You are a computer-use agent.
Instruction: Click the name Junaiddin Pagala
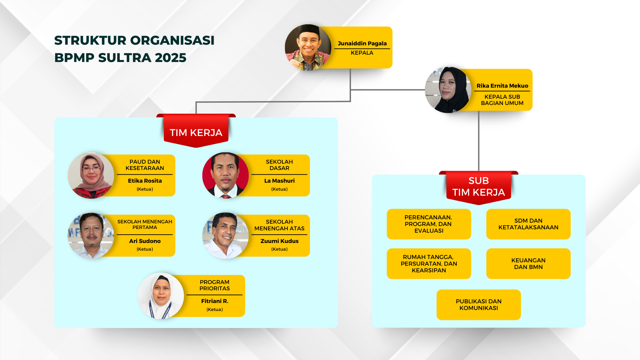pos(362,43)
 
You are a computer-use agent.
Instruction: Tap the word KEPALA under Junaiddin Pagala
pos(362,53)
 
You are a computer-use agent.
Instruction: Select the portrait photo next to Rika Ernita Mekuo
pos(448,90)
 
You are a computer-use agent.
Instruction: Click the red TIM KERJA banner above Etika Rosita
pos(196,131)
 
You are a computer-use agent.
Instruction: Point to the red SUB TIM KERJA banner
pos(479,188)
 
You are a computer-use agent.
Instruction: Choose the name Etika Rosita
pos(145,181)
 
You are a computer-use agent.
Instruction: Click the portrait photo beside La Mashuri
pos(225,175)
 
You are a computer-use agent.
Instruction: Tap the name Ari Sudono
pos(145,241)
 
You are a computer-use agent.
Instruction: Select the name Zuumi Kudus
pos(279,241)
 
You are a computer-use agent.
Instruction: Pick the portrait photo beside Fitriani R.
pos(161,296)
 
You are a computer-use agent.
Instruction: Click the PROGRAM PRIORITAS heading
pos(215,285)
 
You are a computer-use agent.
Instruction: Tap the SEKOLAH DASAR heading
pos(279,165)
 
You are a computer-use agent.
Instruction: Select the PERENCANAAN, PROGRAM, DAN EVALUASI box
pos(429,224)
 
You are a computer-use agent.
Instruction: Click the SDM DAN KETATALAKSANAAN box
pos(528,224)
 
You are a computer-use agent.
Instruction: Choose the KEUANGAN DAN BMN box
pos(528,264)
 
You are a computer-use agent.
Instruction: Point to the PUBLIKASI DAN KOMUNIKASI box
pos(479,305)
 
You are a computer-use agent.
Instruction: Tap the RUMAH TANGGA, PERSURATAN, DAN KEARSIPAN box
pos(429,264)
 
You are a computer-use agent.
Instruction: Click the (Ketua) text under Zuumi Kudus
pos(279,249)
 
